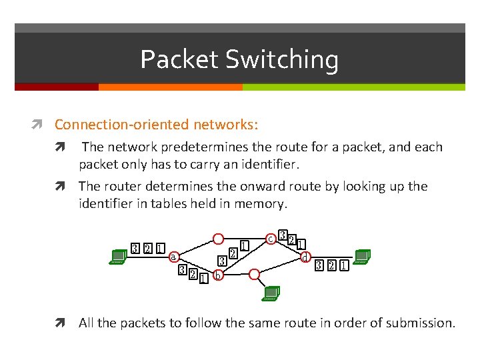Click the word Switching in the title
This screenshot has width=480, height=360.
tap(282, 61)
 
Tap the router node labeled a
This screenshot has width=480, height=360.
tap(173, 257)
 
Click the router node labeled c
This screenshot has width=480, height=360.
tap(271, 238)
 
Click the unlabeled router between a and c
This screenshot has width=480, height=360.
tap(218, 239)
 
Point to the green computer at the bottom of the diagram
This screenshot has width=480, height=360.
tap(271, 293)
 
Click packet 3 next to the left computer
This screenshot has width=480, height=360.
tap(135, 249)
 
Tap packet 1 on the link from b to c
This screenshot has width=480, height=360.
tap(245, 246)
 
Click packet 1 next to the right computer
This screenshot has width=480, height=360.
tap(343, 267)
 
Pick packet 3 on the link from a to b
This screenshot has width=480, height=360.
tap(182, 270)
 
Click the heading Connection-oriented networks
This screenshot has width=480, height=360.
tap(156, 125)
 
